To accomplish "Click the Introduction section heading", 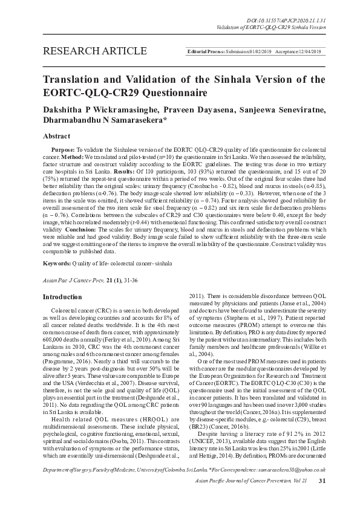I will click(64, 297).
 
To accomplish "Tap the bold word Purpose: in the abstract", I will click(63, 149).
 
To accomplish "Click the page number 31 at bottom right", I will click(322, 498).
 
